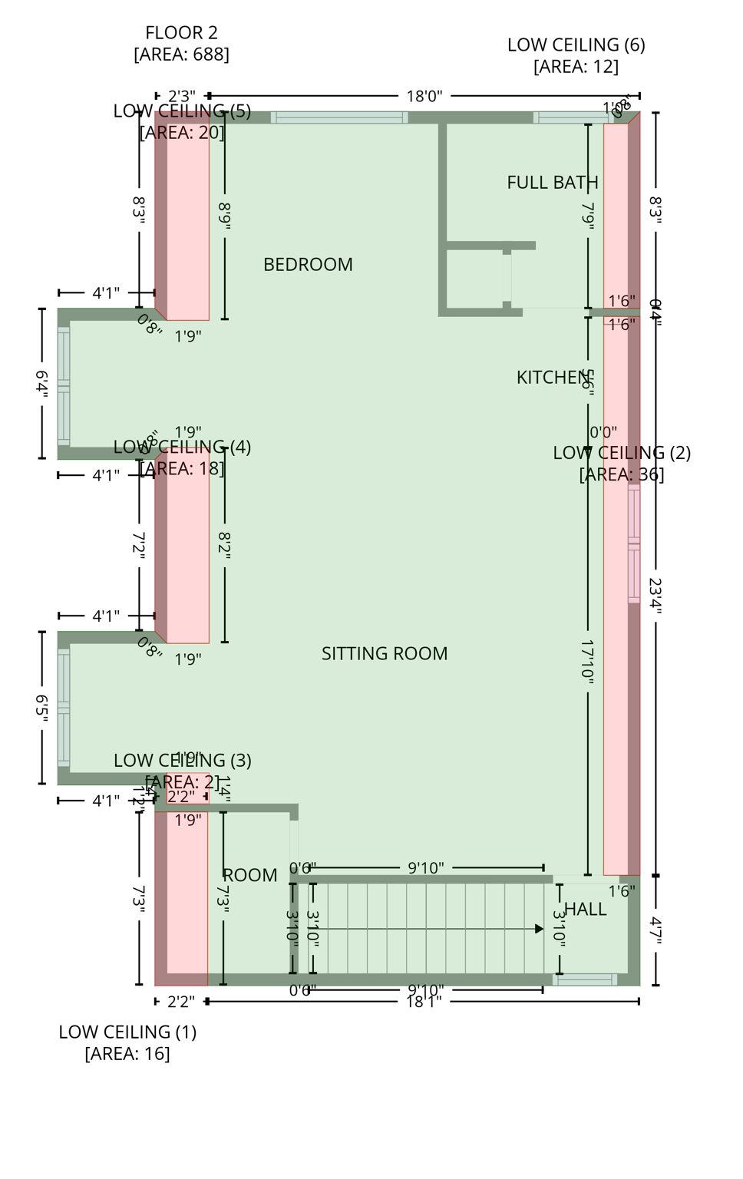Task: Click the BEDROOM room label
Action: tap(308, 265)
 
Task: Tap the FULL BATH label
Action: tap(552, 183)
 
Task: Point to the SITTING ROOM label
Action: tap(385, 654)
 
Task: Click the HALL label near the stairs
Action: tap(586, 910)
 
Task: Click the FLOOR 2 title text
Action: tap(181, 33)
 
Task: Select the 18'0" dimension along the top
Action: tap(424, 97)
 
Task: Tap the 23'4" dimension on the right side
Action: tap(655, 595)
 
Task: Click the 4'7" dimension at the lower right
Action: tap(655, 930)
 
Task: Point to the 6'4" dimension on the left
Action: tap(42, 383)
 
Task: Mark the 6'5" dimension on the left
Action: tap(42, 707)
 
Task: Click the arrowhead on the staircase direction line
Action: tap(539, 929)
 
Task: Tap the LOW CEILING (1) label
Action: tap(127, 1032)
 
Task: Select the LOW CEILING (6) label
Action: tap(576, 45)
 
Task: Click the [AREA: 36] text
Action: tap(621, 474)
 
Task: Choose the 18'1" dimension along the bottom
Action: tap(424, 1002)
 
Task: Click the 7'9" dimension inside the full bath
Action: tap(588, 214)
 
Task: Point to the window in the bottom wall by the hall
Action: tap(585, 980)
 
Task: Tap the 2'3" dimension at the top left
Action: tap(181, 97)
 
